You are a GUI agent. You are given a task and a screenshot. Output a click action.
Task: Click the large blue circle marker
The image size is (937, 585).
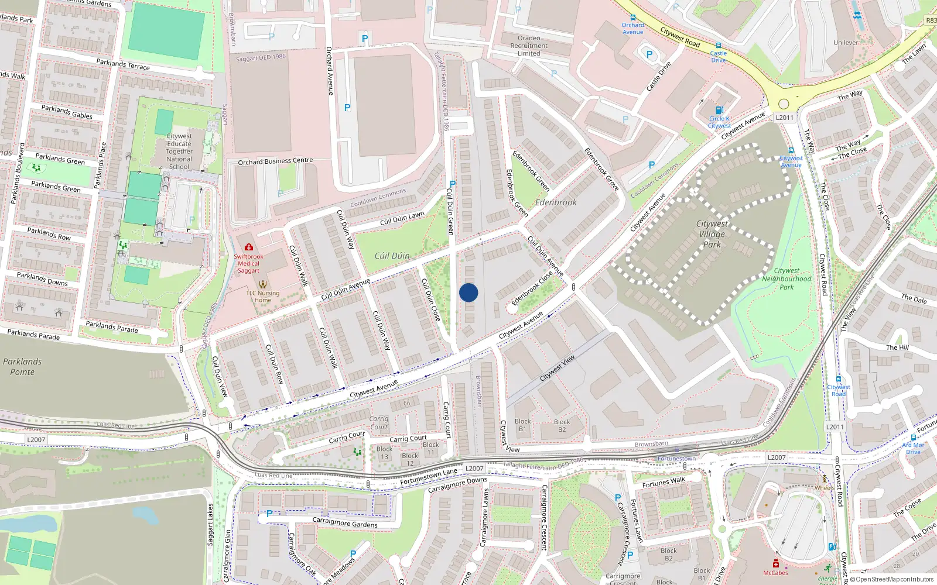click(468, 292)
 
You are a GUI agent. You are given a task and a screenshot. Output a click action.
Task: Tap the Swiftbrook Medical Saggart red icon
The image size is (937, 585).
click(249, 247)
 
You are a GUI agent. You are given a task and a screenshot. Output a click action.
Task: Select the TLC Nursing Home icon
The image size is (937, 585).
click(262, 285)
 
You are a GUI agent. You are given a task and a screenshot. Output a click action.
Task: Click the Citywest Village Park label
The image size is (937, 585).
click(712, 234)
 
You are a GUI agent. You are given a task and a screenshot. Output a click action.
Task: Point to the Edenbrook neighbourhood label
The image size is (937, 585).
click(556, 202)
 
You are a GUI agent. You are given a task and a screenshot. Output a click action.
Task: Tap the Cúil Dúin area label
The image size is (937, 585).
click(392, 256)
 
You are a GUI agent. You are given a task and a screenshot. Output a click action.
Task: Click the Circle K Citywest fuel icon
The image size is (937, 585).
click(719, 110)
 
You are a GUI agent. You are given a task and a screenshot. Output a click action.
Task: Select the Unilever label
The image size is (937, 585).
click(846, 43)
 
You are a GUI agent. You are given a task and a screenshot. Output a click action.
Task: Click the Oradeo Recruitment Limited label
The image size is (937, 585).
click(529, 46)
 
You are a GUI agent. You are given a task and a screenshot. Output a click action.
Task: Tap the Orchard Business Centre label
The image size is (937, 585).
click(275, 161)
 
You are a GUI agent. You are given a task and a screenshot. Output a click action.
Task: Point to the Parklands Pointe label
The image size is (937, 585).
click(22, 367)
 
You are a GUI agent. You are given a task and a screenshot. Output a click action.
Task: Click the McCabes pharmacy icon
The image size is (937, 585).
click(775, 563)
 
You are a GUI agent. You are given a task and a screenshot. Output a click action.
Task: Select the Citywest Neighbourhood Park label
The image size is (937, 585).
click(786, 278)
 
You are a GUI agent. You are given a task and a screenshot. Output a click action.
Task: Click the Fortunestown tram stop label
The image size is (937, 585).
click(676, 459)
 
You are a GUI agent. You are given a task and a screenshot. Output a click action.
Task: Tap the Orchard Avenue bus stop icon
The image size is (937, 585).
click(632, 18)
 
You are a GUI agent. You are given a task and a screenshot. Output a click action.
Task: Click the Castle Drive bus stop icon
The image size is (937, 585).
click(719, 46)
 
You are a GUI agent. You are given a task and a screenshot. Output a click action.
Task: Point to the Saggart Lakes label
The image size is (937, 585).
click(210, 525)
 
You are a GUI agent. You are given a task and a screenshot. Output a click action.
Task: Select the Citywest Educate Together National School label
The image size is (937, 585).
click(179, 151)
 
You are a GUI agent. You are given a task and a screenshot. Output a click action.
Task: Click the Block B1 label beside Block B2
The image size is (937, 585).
click(522, 425)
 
